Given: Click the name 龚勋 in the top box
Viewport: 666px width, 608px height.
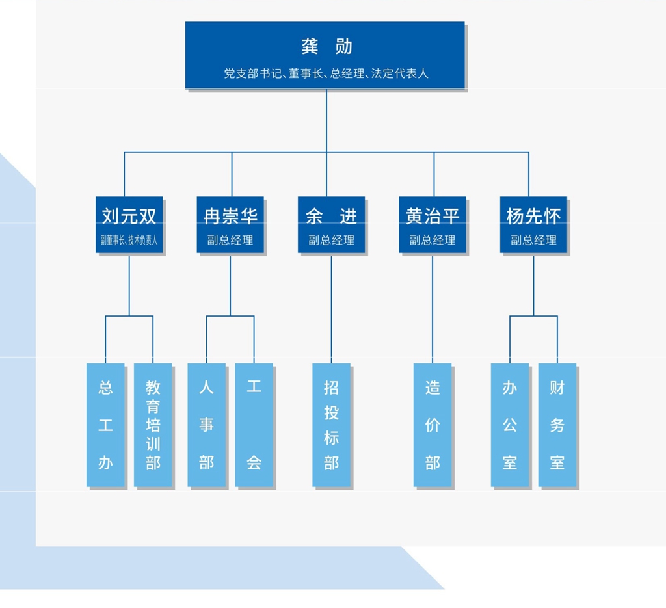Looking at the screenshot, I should tap(326, 46).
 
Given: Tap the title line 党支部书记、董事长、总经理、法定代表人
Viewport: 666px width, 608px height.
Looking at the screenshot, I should tap(326, 73).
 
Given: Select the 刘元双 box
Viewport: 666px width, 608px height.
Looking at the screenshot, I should tap(129, 224).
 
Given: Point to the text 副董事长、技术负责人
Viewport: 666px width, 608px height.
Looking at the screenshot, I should tap(129, 240).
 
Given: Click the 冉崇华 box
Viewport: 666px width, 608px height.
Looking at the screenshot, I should tap(230, 224).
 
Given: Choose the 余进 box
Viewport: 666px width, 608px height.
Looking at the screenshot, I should tap(331, 224).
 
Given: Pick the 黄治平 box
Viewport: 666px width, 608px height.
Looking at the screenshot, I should tap(433, 224).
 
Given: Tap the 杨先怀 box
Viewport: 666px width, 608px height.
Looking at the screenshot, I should tap(533, 224).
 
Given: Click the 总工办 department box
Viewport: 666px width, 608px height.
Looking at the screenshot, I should tap(105, 425).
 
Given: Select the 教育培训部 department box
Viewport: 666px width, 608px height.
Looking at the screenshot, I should tap(153, 425).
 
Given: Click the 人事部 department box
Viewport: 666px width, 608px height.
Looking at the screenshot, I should tap(206, 425).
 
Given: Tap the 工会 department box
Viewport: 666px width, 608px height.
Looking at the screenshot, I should tap(254, 425).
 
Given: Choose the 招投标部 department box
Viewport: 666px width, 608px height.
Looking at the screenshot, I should tap(331, 425).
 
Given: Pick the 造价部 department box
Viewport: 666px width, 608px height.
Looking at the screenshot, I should tap(433, 425).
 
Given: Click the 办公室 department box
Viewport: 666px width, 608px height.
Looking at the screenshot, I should tap(510, 425).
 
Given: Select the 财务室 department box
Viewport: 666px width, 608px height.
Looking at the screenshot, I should tap(557, 425).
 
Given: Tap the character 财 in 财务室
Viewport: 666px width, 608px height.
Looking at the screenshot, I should tap(557, 388).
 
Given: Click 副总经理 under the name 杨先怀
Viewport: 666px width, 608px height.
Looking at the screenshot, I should tap(533, 240).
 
